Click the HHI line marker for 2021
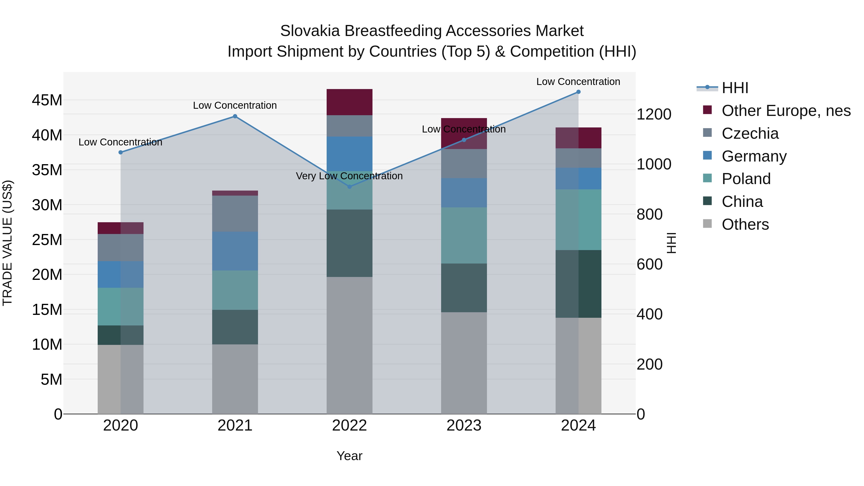coord(235,116)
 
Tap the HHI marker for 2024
coord(578,92)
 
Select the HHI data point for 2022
coord(349,186)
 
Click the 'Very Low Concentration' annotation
coord(349,176)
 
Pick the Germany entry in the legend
coord(753,156)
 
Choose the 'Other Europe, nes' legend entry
coord(786,111)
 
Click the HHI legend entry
coord(735,88)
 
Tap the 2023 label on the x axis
coord(464,426)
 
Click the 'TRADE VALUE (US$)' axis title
coord(7,243)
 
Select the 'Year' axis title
coord(349,456)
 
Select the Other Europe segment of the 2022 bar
coord(349,102)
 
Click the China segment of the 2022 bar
coord(349,243)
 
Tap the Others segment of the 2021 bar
coord(235,379)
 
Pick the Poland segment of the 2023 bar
coord(464,235)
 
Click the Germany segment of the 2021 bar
coord(235,251)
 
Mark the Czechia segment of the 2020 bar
coord(120,247)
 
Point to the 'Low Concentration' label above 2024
coord(578,82)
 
